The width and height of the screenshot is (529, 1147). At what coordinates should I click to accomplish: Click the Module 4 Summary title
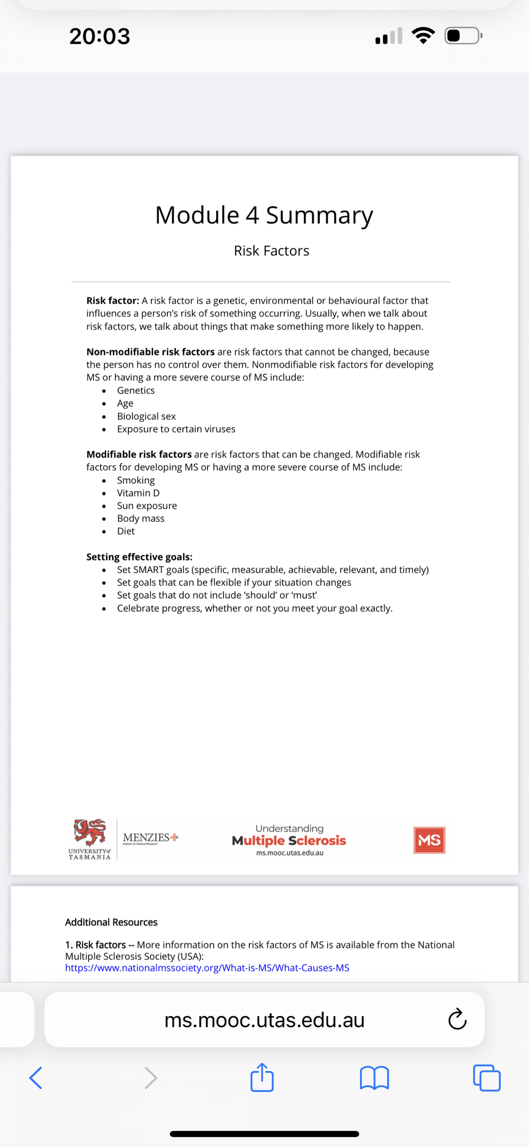pos(264,216)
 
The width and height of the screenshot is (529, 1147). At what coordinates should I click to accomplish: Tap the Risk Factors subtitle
pos(271,251)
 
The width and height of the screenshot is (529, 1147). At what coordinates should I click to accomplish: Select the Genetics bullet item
pos(136,391)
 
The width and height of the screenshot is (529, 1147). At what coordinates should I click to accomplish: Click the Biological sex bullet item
pos(146,416)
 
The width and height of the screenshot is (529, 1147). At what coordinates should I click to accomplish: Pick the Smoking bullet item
pos(136,480)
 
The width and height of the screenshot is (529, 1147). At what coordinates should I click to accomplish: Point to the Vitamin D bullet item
pos(138,493)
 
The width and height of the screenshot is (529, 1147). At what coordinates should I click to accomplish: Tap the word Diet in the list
pos(126,531)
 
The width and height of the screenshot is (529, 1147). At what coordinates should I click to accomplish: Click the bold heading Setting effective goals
pos(139,557)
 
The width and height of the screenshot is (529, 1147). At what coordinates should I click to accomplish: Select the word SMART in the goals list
pos(148,569)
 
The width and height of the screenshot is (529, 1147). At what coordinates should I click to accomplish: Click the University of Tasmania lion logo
pos(90,833)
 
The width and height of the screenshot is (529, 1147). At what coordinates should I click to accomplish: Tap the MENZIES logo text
pos(147,837)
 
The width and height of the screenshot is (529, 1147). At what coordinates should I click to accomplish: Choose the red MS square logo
pos(429,840)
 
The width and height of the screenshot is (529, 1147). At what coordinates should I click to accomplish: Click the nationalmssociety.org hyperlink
pos(207,968)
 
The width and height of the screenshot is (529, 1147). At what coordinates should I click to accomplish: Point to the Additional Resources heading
pos(111,922)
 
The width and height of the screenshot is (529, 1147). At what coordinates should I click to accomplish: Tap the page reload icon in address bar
pos(457,1020)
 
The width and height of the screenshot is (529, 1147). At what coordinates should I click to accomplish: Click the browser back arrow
pos(36,1078)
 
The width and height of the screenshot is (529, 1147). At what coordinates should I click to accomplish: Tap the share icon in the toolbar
pos(262,1077)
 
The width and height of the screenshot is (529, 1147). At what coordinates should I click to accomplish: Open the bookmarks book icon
pos(374,1078)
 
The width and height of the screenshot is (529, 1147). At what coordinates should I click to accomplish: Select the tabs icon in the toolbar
pos(487,1078)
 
